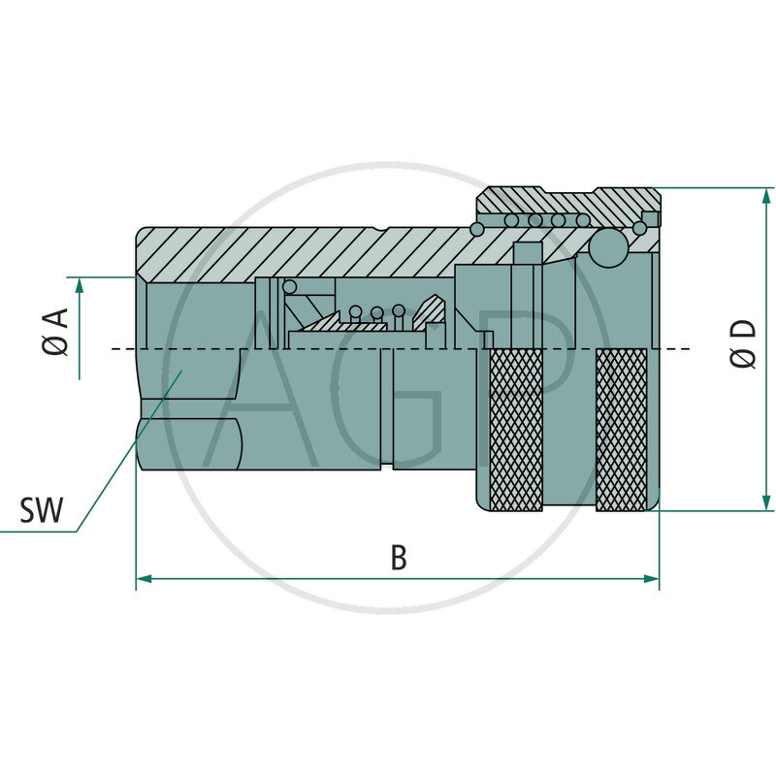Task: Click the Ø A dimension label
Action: (55, 330)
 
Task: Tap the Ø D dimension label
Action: (743, 343)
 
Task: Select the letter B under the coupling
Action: (398, 557)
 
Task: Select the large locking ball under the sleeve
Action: (608, 247)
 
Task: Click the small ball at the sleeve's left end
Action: (476, 229)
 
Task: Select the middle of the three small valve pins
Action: (376, 312)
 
